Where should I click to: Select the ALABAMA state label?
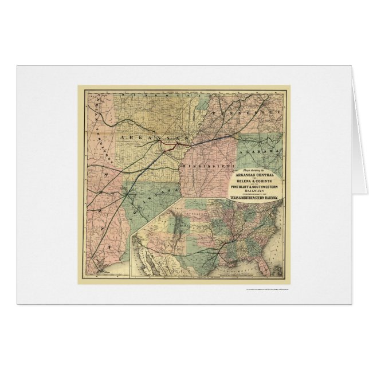coord(265,151)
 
